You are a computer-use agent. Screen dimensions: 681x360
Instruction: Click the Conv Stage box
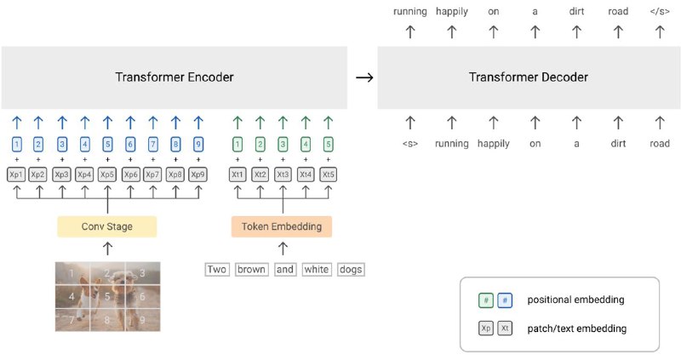tap(107, 226)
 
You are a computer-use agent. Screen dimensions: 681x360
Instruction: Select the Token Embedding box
tap(282, 226)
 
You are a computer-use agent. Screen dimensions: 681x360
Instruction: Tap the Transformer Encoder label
tap(175, 77)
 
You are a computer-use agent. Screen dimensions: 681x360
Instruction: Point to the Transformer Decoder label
tap(529, 77)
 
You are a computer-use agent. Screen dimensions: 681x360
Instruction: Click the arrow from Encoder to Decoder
tap(364, 77)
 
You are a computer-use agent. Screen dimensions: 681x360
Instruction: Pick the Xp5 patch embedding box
tap(107, 174)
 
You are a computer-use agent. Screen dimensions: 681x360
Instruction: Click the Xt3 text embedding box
tap(283, 174)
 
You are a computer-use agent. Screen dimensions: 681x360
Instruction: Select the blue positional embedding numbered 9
tap(198, 144)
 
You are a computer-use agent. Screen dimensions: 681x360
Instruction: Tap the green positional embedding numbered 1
tap(237, 144)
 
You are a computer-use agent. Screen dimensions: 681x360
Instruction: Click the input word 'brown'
tap(251, 269)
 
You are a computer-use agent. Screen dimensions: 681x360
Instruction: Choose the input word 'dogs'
tap(351, 269)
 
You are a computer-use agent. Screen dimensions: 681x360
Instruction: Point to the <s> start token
tap(410, 144)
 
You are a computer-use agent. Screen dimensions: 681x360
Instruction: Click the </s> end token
tap(660, 11)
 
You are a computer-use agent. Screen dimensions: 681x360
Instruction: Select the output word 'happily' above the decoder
tap(452, 12)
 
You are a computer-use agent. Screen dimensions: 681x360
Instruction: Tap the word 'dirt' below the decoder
tap(618, 143)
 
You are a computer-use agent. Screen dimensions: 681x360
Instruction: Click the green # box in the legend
tap(486, 300)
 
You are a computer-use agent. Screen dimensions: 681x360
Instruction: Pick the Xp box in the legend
tap(486, 329)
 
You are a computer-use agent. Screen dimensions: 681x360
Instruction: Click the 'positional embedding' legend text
tap(575, 300)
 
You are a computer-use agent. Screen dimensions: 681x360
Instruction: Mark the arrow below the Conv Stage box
tap(107, 249)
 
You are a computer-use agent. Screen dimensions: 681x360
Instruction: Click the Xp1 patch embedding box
tap(16, 174)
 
